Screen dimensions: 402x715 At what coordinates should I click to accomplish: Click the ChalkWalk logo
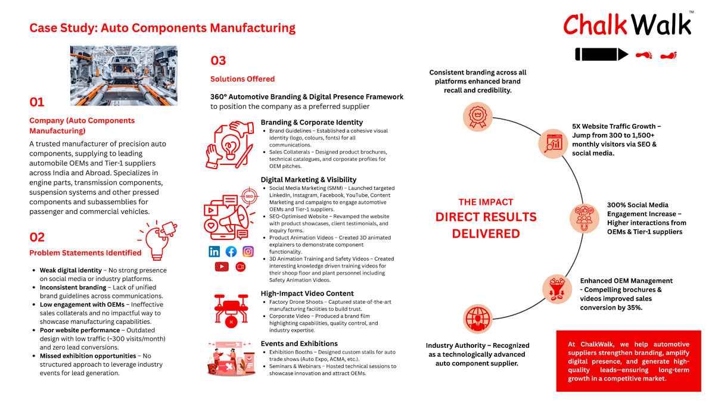pos(628,24)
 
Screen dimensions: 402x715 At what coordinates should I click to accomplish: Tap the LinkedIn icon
pos(214,251)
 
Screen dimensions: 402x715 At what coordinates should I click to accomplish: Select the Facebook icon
pos(231,251)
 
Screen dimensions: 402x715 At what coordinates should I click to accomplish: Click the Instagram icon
pos(248,251)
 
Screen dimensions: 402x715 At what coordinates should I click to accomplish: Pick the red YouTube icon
pos(222,267)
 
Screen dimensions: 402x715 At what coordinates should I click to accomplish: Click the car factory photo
pos(123,75)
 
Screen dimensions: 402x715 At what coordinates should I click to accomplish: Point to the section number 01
pos(37,102)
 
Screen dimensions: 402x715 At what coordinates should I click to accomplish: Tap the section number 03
pos(218,61)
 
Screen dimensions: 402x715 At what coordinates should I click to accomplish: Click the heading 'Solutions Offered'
pos(243,79)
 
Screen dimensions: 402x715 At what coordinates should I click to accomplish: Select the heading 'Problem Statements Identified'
pos(85,253)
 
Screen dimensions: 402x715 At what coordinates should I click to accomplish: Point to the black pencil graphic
pos(601,55)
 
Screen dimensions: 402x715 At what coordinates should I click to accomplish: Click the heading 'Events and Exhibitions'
pos(299,344)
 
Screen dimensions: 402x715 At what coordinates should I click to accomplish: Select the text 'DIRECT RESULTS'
pos(486,217)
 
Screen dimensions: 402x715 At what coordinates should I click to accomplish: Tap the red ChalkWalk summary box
pos(629,361)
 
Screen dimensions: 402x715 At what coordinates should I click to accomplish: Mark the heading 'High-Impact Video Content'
pos(307,294)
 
